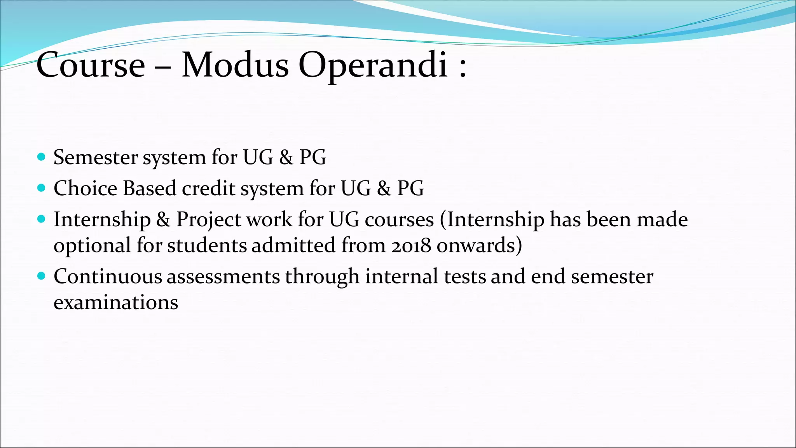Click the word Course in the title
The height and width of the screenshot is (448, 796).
point(91,65)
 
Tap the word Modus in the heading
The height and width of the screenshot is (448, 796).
point(235,65)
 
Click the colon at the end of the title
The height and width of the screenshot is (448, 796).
point(463,68)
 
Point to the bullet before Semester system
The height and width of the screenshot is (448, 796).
point(42,157)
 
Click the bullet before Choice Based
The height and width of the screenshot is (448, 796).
point(42,188)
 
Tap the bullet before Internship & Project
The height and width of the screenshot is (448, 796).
point(42,219)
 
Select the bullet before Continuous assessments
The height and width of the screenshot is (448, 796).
point(42,276)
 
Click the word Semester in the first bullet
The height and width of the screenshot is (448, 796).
point(96,157)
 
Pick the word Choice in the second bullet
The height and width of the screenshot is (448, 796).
point(86,188)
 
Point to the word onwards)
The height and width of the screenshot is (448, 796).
point(479,246)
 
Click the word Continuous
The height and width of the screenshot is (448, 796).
point(108,276)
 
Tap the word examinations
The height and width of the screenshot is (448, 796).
point(116,303)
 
